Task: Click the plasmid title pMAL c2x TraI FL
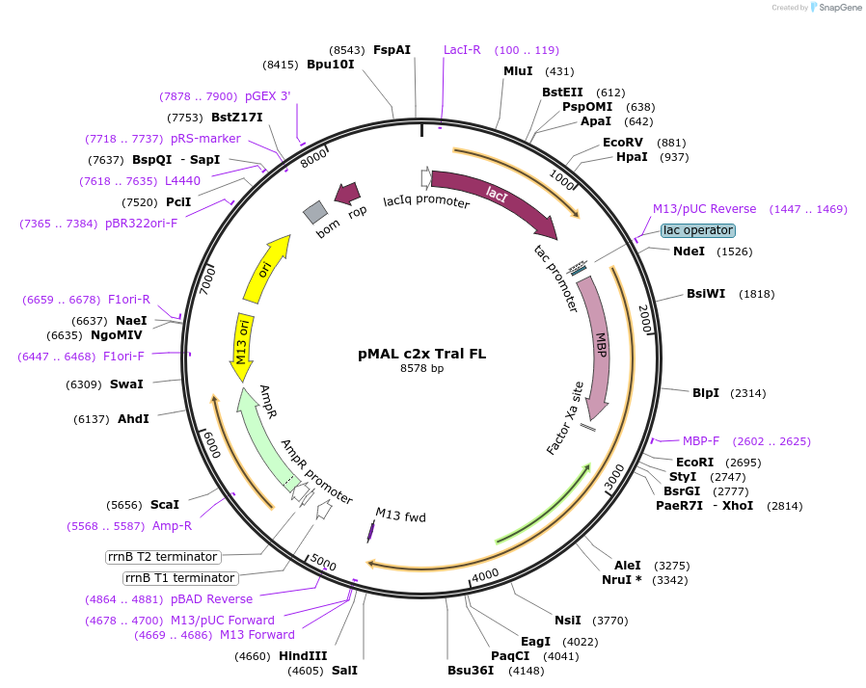tap(421, 354)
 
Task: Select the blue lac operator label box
tap(698, 230)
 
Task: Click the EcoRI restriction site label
tap(694, 463)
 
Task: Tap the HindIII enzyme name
tap(303, 656)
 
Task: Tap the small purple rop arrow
tap(347, 194)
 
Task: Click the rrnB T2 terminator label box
tap(163, 557)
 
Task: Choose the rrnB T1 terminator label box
tap(179, 578)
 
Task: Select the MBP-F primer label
tap(701, 441)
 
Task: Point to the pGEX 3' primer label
tap(267, 96)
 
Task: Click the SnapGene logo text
tap(836, 8)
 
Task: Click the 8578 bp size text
tap(421, 368)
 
